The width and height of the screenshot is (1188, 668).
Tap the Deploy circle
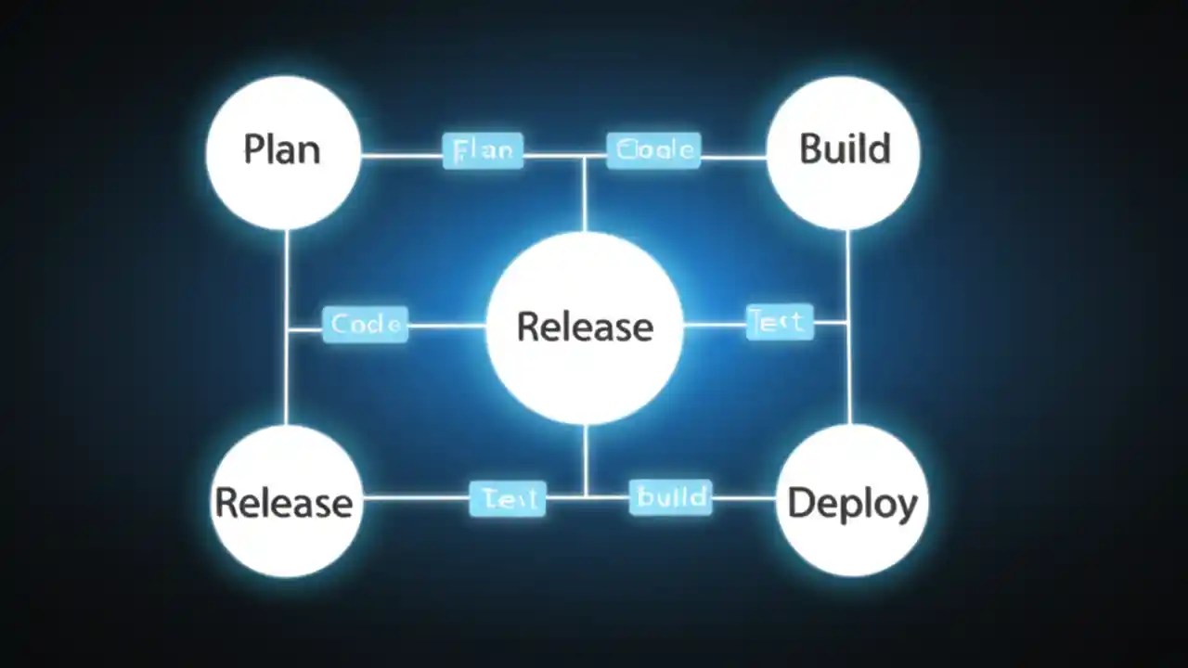[x=851, y=502]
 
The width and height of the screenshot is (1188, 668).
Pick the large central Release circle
[x=585, y=327]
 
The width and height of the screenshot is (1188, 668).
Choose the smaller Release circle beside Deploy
[x=285, y=502]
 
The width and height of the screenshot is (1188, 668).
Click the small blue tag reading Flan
[x=483, y=150]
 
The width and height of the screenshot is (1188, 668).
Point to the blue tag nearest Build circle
[x=653, y=150]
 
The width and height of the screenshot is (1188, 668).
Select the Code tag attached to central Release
[x=365, y=325]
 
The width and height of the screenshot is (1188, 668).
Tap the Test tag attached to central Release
[x=780, y=322]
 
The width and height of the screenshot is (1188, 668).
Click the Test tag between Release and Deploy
[x=508, y=499]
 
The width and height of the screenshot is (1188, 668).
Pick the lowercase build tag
[x=670, y=497]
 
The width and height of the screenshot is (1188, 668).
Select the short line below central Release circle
[x=586, y=459]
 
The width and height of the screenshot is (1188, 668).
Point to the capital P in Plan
[x=252, y=150]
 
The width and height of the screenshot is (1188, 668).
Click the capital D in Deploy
[x=799, y=503]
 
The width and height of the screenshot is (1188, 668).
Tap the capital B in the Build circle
[x=810, y=149]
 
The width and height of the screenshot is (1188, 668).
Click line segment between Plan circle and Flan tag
[x=401, y=155]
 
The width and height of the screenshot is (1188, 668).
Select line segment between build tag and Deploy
[x=743, y=498]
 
